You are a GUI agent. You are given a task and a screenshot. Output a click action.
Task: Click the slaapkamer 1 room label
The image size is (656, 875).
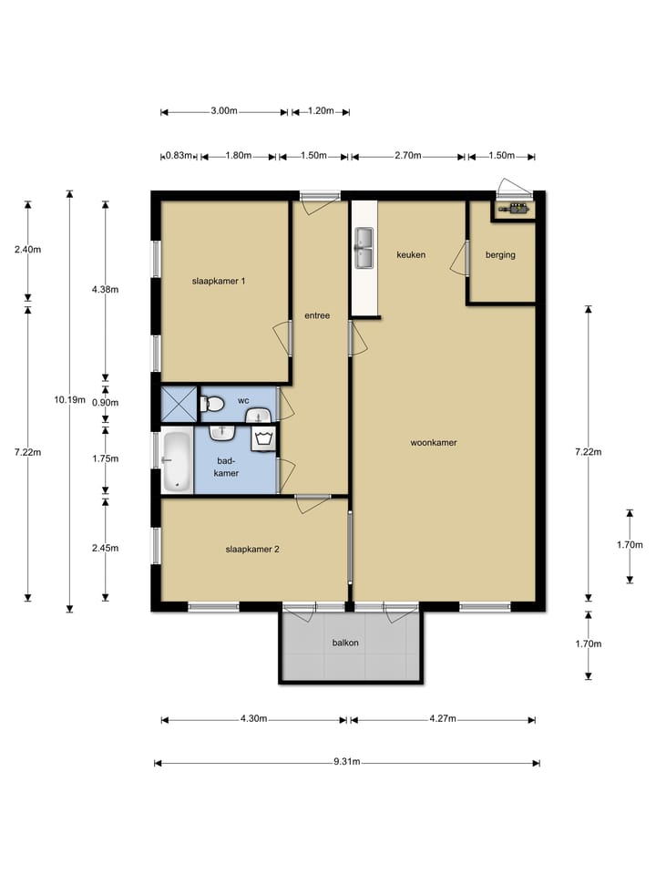[x=218, y=281]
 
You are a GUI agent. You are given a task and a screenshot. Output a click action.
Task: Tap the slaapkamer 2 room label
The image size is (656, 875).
[x=252, y=549]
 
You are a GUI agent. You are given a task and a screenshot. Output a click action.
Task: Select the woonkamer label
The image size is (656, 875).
[x=434, y=443]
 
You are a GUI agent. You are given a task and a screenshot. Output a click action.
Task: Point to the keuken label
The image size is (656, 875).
[x=411, y=254]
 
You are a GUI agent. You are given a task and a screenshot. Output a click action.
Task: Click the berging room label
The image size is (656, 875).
[x=500, y=255]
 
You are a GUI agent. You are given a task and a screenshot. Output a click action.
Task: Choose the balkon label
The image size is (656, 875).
[x=345, y=643]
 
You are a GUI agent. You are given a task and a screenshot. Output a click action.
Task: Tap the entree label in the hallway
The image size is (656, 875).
[x=317, y=315]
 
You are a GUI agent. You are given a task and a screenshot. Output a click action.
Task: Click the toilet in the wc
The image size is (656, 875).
[x=212, y=403]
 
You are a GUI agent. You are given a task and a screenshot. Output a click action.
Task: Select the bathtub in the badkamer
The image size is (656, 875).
[x=176, y=461]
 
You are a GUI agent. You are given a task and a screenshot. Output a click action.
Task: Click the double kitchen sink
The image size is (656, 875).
[x=364, y=248]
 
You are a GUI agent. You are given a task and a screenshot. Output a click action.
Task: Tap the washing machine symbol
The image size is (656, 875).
[x=264, y=438]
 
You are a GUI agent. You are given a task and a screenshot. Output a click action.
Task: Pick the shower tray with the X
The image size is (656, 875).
[x=179, y=404]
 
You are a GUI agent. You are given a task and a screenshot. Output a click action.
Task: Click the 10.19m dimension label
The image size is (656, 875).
[x=70, y=399]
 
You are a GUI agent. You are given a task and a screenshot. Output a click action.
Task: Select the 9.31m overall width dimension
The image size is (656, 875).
[x=347, y=762]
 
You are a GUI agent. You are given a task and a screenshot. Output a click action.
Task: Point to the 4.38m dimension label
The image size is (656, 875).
[x=106, y=289]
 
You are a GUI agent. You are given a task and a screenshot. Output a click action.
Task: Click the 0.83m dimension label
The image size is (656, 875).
[x=179, y=156]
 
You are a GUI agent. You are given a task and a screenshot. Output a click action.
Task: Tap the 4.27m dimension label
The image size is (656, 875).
[x=443, y=718]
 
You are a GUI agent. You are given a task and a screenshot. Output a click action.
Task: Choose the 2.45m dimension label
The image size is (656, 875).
[x=106, y=548]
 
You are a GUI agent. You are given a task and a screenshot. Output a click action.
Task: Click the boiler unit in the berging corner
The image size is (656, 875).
[x=514, y=210]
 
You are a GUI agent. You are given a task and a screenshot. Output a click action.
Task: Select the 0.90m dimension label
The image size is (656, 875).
[x=106, y=402]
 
